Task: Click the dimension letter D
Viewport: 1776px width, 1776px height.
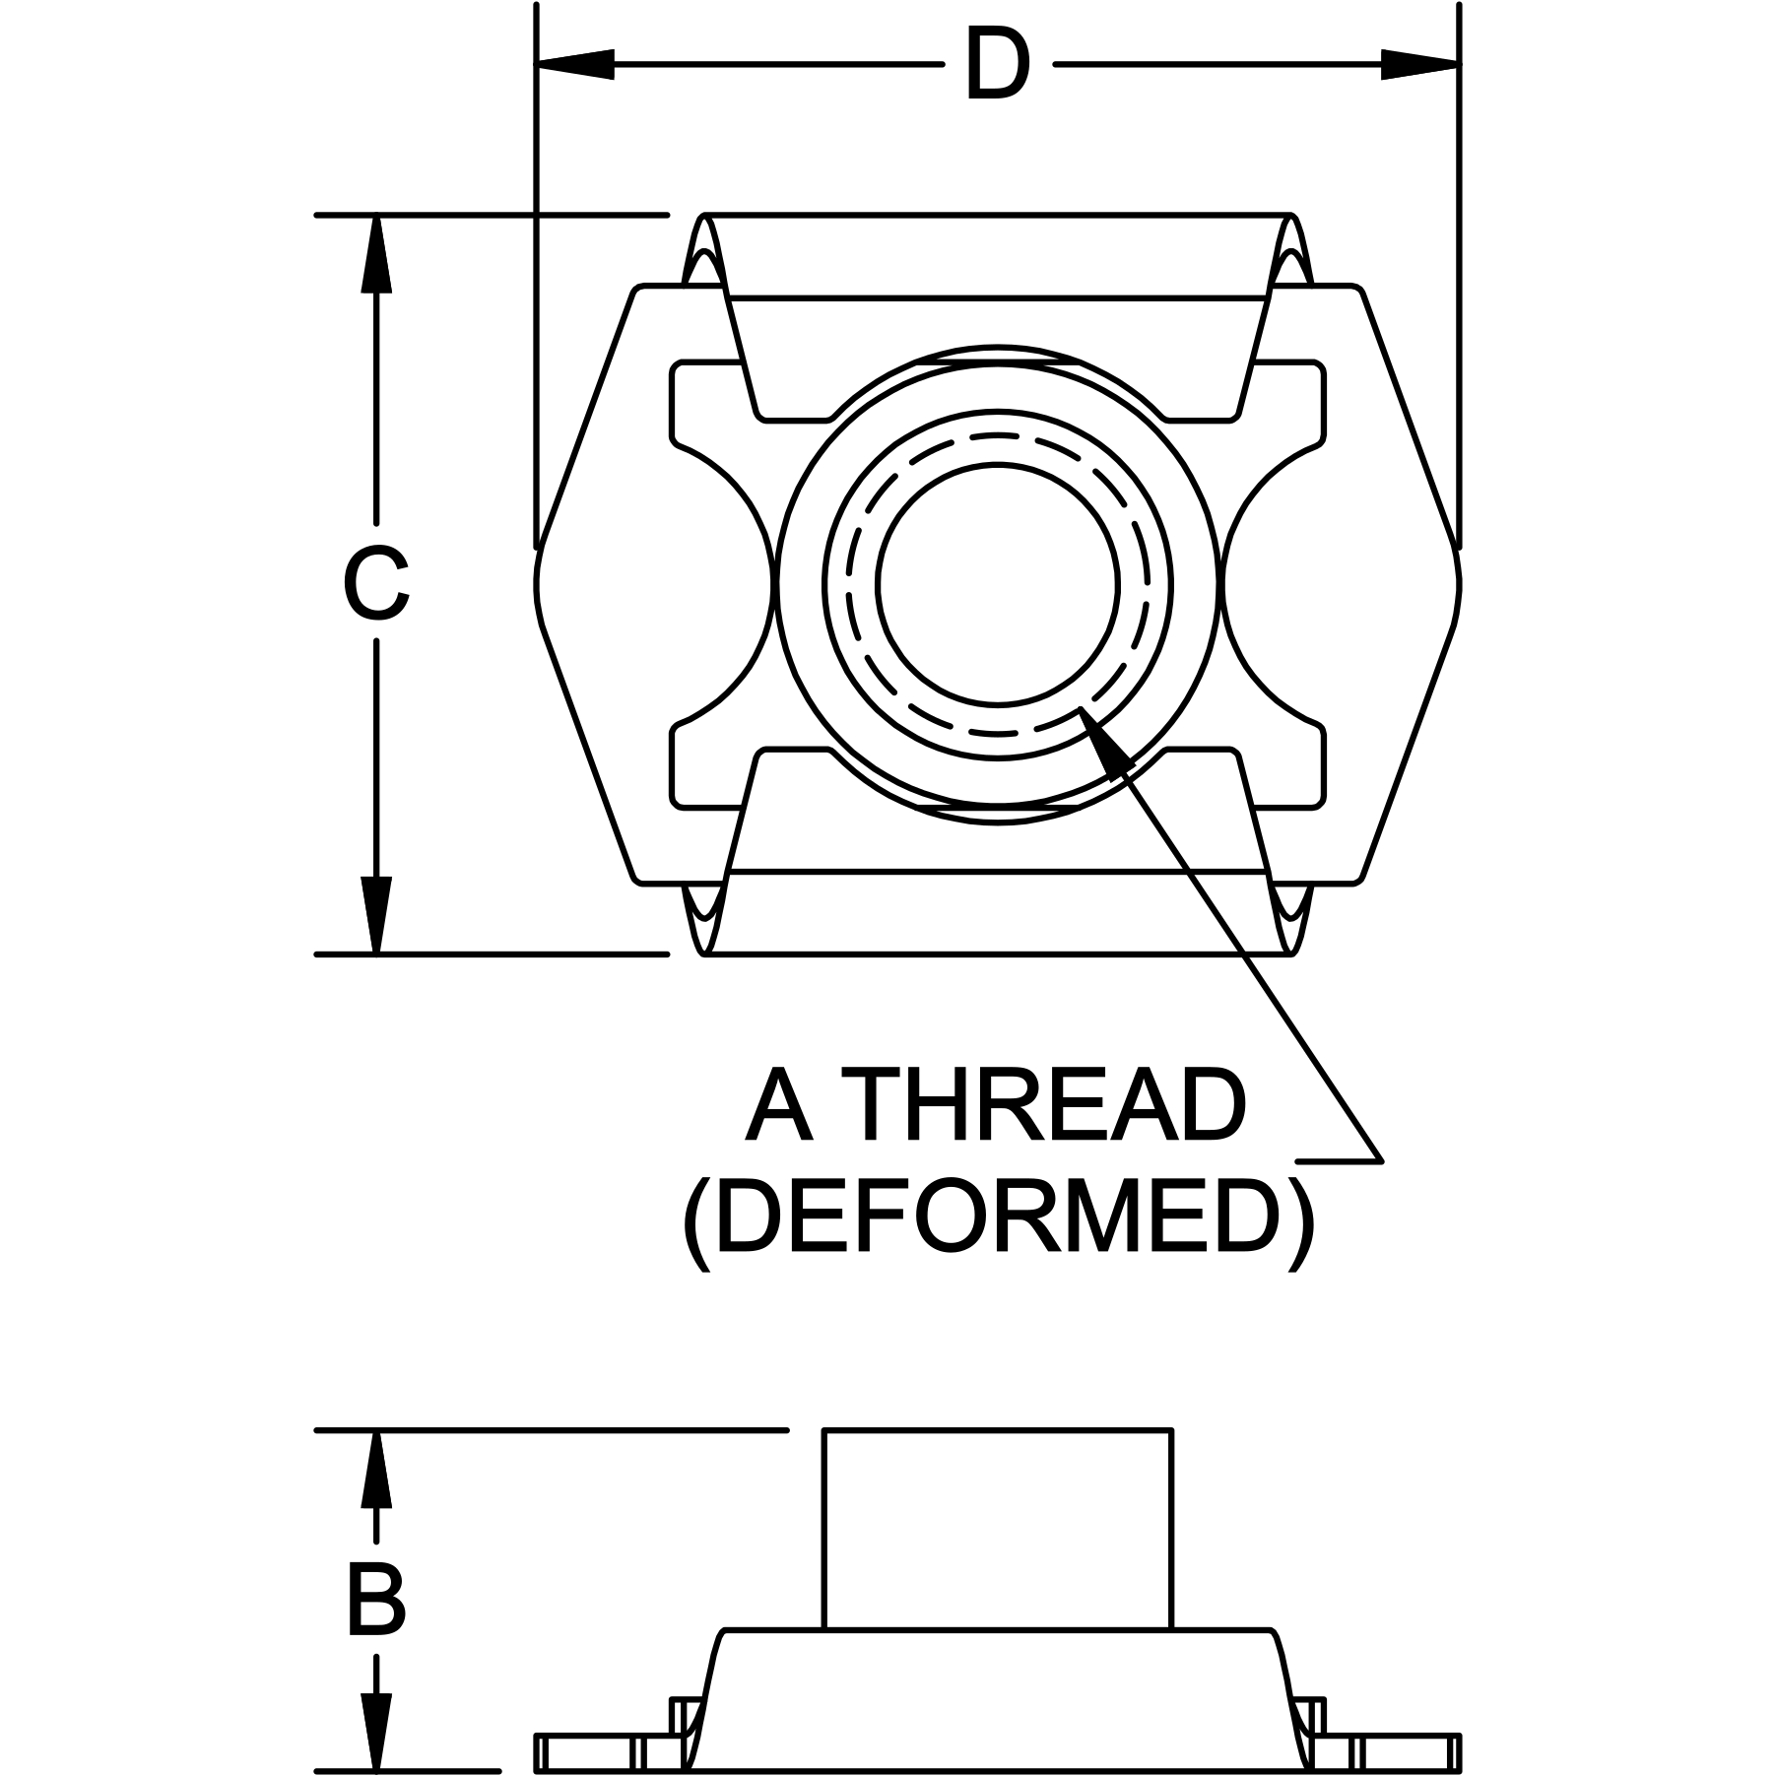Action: click(x=997, y=65)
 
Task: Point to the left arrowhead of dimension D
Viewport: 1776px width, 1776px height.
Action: click(x=575, y=65)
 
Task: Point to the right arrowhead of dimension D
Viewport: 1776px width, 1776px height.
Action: click(x=1419, y=65)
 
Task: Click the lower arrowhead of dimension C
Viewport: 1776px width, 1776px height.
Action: click(x=375, y=914)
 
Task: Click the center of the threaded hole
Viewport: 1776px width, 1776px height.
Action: click(x=998, y=585)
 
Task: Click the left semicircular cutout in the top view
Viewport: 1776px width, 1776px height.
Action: click(x=724, y=585)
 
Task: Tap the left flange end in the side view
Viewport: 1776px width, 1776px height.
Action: click(x=587, y=1753)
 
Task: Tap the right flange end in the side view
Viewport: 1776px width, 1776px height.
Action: click(x=1409, y=1753)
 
